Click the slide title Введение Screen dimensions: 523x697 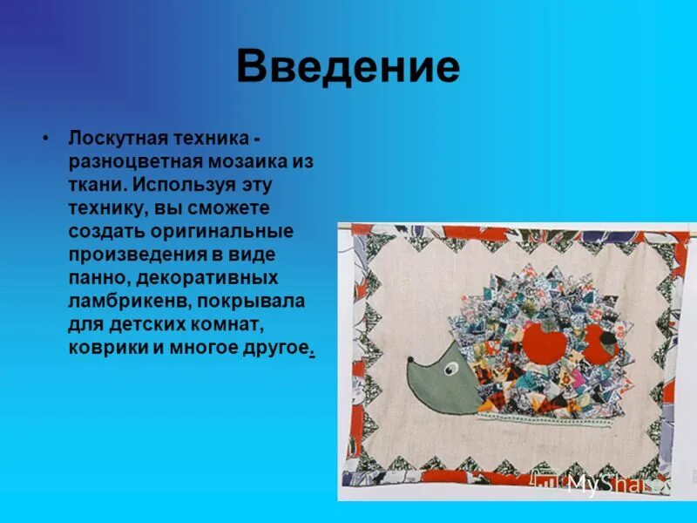pyautogui.click(x=348, y=67)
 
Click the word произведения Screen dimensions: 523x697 pyautogui.click(x=135, y=255)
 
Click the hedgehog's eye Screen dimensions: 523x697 pyautogui.click(x=450, y=370)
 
